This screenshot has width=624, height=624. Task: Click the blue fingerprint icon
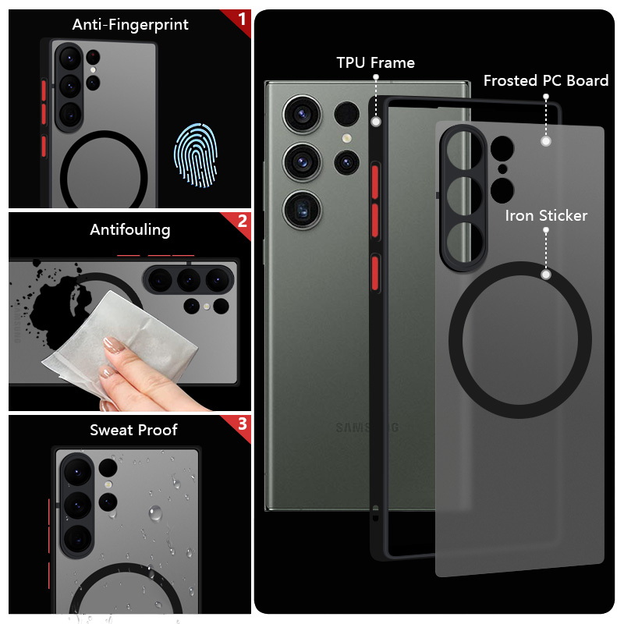point(196,155)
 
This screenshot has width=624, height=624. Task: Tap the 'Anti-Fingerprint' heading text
point(130,25)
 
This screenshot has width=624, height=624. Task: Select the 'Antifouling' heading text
point(130,230)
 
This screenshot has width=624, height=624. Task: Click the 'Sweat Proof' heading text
point(133,431)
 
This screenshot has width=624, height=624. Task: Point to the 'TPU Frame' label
point(376,63)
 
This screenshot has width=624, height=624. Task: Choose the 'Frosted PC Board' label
point(546,81)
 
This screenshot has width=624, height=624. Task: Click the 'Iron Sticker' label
point(546,216)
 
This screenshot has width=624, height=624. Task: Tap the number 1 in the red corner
point(242,19)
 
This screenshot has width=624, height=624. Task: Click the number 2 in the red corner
point(242,222)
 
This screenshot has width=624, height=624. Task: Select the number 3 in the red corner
point(243,424)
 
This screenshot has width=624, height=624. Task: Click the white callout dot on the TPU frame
point(376,122)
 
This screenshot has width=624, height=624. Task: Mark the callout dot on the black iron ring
point(547,275)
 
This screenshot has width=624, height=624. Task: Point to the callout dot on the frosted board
point(546,141)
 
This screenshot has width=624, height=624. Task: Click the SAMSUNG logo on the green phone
point(367,427)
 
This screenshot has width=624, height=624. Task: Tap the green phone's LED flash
point(346,138)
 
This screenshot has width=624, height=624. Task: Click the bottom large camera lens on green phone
point(303,210)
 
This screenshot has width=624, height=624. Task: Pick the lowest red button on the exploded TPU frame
point(375,274)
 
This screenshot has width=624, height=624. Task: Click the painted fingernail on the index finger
point(114,345)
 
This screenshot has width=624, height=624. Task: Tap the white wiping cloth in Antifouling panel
point(119,342)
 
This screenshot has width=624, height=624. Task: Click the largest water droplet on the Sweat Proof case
point(155,513)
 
